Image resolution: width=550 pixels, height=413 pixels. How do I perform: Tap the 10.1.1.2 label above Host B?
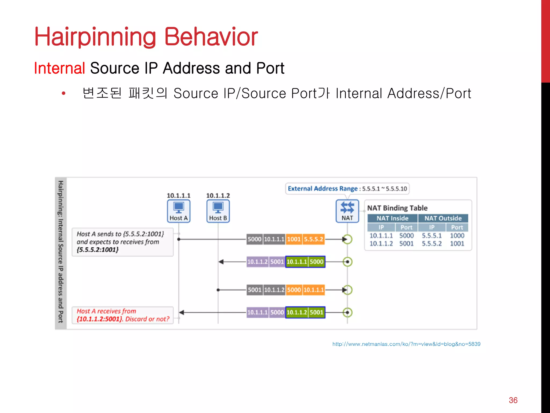pos(218,195)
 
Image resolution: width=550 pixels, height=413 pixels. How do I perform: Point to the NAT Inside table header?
pos(392,218)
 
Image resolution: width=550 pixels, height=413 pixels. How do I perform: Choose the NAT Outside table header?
pos(443,218)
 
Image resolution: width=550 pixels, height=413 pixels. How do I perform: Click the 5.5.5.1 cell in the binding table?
pos(432,236)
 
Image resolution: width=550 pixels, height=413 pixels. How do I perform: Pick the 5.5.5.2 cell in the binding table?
pos(432,244)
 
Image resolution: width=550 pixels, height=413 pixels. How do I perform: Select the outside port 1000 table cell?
pos(457,236)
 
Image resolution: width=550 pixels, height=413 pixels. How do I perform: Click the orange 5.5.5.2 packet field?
pos(313,239)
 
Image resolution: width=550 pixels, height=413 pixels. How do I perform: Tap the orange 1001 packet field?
pos(294,239)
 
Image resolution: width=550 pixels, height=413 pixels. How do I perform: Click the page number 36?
pos(513,400)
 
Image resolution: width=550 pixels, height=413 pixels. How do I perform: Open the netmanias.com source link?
pos(406,344)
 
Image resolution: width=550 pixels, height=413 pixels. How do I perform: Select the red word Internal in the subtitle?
pos(60,68)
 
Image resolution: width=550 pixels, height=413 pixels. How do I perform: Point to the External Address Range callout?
pos(347,188)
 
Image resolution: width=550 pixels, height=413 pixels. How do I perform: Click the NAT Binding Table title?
pos(397,208)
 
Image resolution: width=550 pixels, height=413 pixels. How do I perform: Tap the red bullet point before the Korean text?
pos(64,93)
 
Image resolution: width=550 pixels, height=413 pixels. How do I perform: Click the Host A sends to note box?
pos(122,242)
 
